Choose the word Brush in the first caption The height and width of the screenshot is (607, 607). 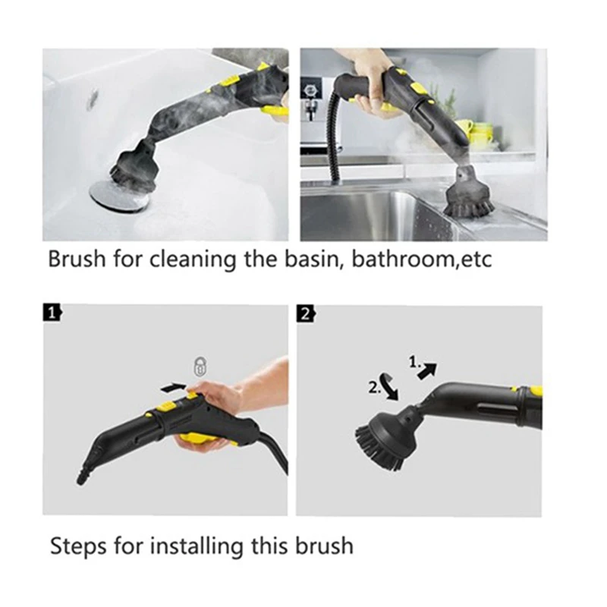(74, 259)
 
